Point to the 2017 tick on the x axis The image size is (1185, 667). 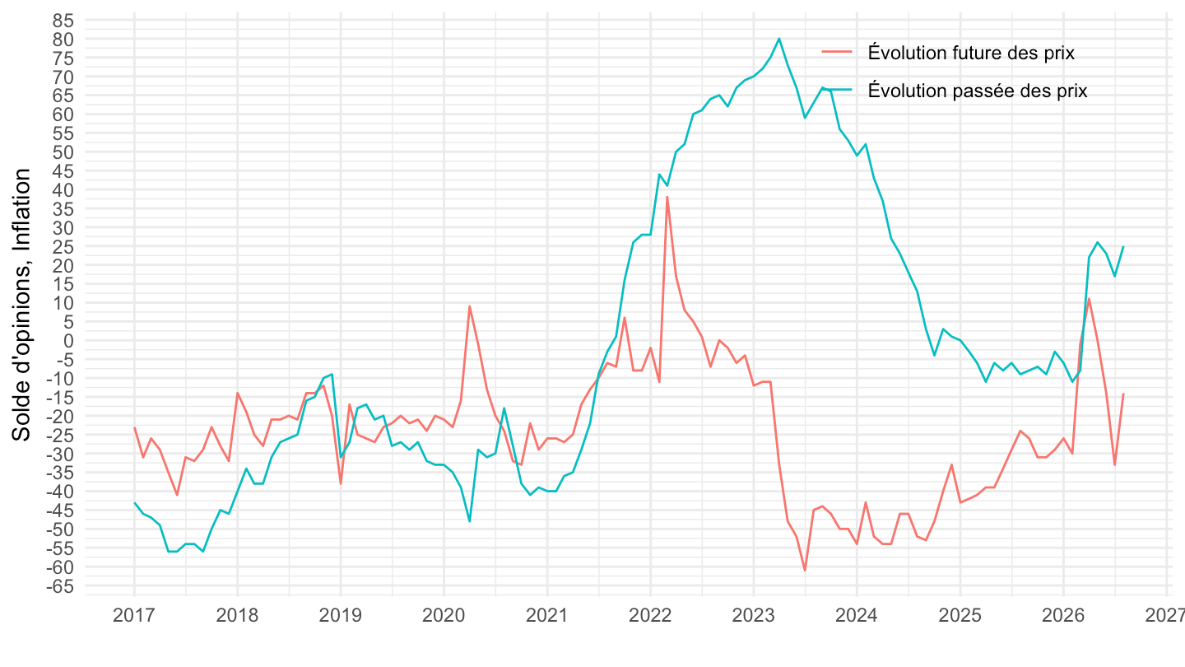[x=134, y=616]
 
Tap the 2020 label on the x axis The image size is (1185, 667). [x=444, y=616]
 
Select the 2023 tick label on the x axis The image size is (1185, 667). [x=753, y=616]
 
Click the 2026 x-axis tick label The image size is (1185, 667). [x=1063, y=616]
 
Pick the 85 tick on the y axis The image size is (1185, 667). [x=63, y=21]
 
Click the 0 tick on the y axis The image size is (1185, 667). [x=68, y=341]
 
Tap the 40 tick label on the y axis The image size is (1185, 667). [x=63, y=190]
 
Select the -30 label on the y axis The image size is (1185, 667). [x=60, y=455]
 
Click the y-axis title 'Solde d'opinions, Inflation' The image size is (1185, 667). [x=21, y=305]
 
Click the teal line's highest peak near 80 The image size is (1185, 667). [x=778, y=39]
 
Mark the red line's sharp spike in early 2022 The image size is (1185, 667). [x=667, y=197]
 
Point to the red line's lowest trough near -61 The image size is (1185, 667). [x=805, y=571]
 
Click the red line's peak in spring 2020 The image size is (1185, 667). [x=469, y=306]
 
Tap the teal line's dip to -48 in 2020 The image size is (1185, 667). [x=469, y=521]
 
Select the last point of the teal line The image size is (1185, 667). [x=1123, y=247]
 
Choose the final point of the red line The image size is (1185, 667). [x=1123, y=394]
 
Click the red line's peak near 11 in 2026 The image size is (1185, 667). [x=1089, y=299]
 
